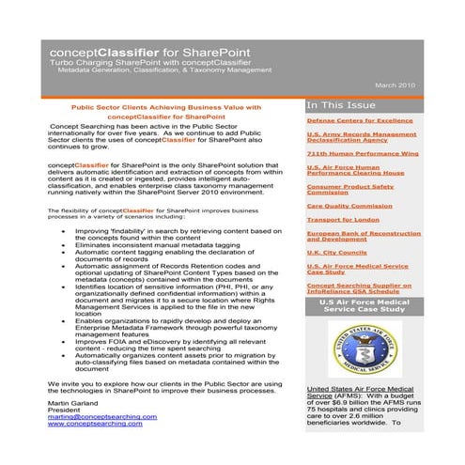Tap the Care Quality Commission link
[349, 205]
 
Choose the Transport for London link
[342, 219]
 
